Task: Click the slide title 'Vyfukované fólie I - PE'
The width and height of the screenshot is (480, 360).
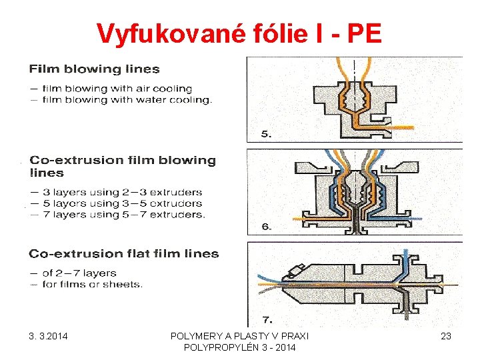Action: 239,33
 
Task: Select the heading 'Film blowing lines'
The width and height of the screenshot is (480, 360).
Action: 94,69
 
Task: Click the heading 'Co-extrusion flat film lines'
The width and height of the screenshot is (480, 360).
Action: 124,253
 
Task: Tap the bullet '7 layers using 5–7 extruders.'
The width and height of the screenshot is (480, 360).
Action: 123,215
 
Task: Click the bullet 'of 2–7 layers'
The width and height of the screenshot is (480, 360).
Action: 78,273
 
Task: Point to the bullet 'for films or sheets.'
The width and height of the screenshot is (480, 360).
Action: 91,284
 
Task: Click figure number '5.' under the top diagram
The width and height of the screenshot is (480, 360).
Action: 266,133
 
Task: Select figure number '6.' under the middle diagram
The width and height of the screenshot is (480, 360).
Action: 266,227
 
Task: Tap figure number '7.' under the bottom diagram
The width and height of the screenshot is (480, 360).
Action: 266,319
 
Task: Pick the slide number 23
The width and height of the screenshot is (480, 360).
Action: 446,336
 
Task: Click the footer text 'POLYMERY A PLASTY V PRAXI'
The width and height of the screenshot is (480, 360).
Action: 239,336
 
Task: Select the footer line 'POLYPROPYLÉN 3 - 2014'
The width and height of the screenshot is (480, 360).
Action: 239,348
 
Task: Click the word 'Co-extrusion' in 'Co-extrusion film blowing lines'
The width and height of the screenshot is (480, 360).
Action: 67,160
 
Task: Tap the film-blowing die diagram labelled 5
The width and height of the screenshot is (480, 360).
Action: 353,97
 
